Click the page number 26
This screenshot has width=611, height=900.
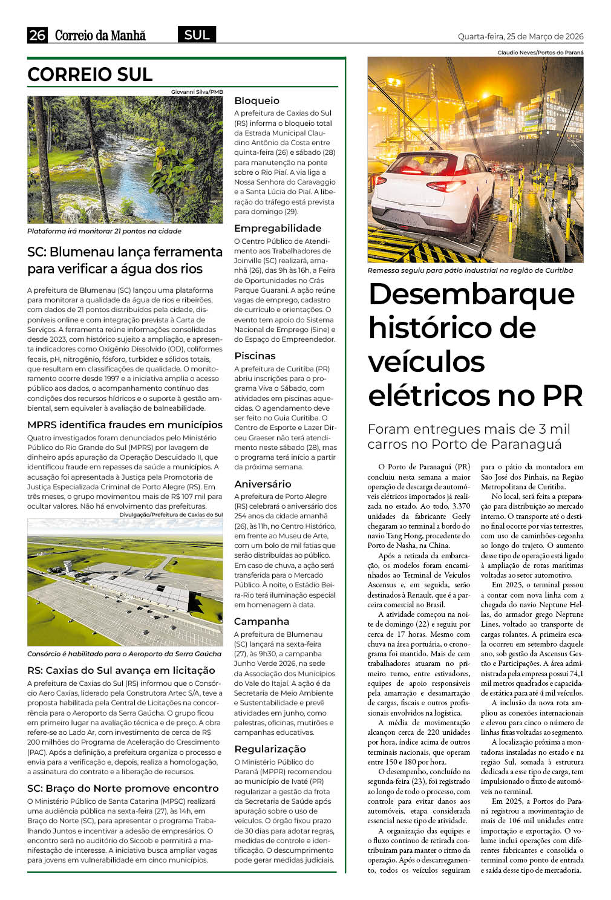(37, 35)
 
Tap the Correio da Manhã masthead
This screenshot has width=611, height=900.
(100, 36)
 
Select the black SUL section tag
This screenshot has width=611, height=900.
(197, 35)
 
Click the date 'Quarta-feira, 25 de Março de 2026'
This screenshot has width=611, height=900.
(520, 36)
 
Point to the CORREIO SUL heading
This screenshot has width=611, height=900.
(90, 74)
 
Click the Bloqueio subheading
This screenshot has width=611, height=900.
(256, 100)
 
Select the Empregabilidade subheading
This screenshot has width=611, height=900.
(278, 228)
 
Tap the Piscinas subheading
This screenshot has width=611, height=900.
(255, 356)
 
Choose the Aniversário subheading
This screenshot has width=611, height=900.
(263, 484)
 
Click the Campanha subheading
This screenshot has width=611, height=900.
(261, 621)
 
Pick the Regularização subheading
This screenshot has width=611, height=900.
(270, 749)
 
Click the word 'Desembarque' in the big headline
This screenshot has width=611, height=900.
(471, 294)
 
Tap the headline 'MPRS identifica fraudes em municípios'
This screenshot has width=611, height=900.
(125, 425)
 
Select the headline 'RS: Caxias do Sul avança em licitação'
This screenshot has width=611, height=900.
(121, 670)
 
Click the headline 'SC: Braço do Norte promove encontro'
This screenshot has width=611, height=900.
(123, 788)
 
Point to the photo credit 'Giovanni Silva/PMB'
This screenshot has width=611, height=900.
(197, 92)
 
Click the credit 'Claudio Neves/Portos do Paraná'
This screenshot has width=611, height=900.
(540, 53)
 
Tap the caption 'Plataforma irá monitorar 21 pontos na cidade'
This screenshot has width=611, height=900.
(104, 231)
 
